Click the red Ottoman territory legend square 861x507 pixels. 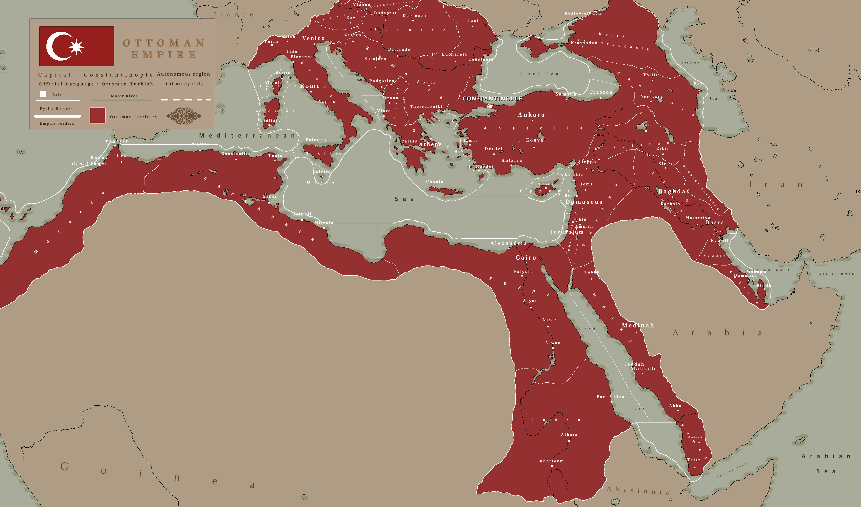pos(97,115)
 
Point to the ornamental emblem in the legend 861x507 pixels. pos(183,116)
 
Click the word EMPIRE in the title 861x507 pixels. pos(164,55)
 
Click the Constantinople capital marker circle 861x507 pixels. pos(490,106)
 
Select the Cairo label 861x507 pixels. pos(526,257)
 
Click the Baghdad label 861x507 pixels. pos(674,192)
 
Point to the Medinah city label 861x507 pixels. pos(638,325)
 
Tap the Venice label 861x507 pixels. pos(313,38)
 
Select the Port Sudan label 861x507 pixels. pos(610,397)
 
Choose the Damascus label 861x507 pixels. pos(584,202)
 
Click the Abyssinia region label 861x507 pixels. pos(638,491)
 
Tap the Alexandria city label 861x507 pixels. pos(508,243)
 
